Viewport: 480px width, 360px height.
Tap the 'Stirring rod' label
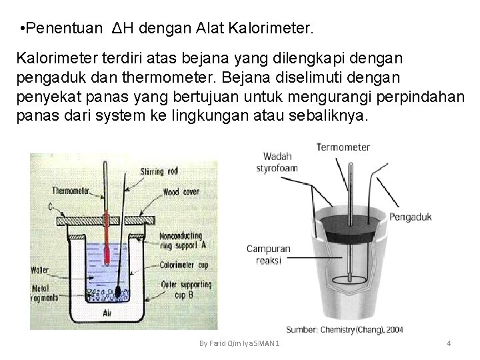[x=160, y=171]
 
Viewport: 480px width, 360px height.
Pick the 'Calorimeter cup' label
[x=185, y=264]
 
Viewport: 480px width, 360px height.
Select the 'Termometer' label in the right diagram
[x=343, y=147]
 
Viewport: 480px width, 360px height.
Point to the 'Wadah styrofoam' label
[x=277, y=163]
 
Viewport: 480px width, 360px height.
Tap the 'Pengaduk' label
[x=410, y=216]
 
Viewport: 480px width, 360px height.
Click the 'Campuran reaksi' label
[x=264, y=255]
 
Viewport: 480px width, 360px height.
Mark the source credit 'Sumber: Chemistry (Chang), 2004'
[x=344, y=329]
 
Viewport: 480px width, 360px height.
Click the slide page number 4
[x=449, y=343]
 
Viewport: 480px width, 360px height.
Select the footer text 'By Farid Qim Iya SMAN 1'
[x=240, y=343]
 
